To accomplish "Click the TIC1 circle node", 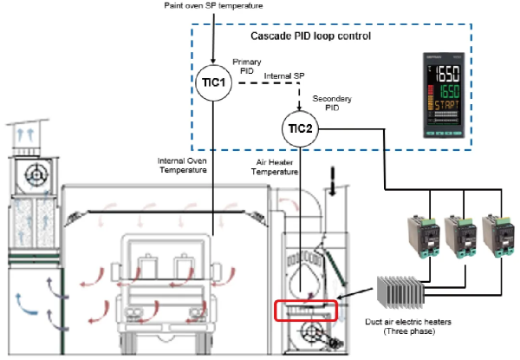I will click(211, 78).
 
